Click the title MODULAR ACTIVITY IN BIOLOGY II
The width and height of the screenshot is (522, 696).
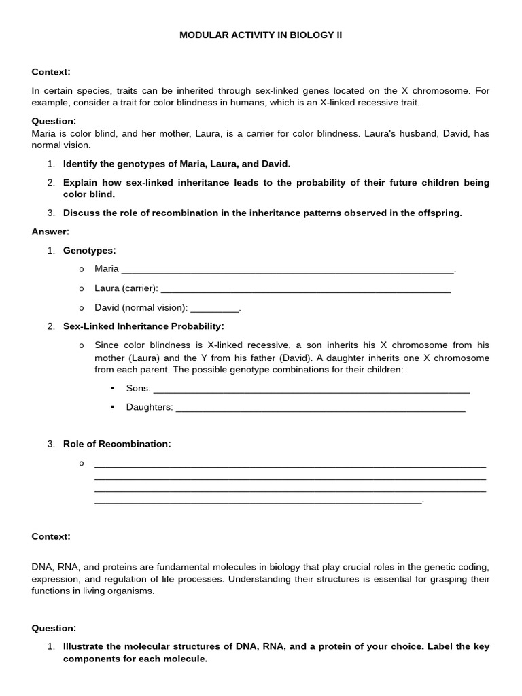(x=260, y=34)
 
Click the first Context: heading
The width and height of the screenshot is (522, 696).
(x=51, y=72)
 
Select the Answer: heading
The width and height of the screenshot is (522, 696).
(x=50, y=232)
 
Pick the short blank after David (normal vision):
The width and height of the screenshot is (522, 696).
(x=215, y=308)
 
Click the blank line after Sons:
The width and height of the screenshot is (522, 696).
(x=312, y=389)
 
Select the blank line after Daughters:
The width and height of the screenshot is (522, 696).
(x=320, y=408)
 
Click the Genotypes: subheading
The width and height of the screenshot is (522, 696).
(x=90, y=251)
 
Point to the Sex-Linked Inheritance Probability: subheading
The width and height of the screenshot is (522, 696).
(x=143, y=326)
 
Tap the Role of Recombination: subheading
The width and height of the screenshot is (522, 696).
(x=117, y=444)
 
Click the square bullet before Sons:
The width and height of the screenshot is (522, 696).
(x=113, y=389)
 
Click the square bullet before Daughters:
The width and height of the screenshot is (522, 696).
(x=113, y=407)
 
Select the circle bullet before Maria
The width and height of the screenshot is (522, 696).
(x=82, y=269)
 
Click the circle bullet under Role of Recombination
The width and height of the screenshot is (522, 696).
(x=82, y=464)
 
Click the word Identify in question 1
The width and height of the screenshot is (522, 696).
(x=82, y=164)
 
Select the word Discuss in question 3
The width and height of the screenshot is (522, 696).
(x=81, y=213)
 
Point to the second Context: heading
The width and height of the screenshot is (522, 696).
(x=51, y=536)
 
